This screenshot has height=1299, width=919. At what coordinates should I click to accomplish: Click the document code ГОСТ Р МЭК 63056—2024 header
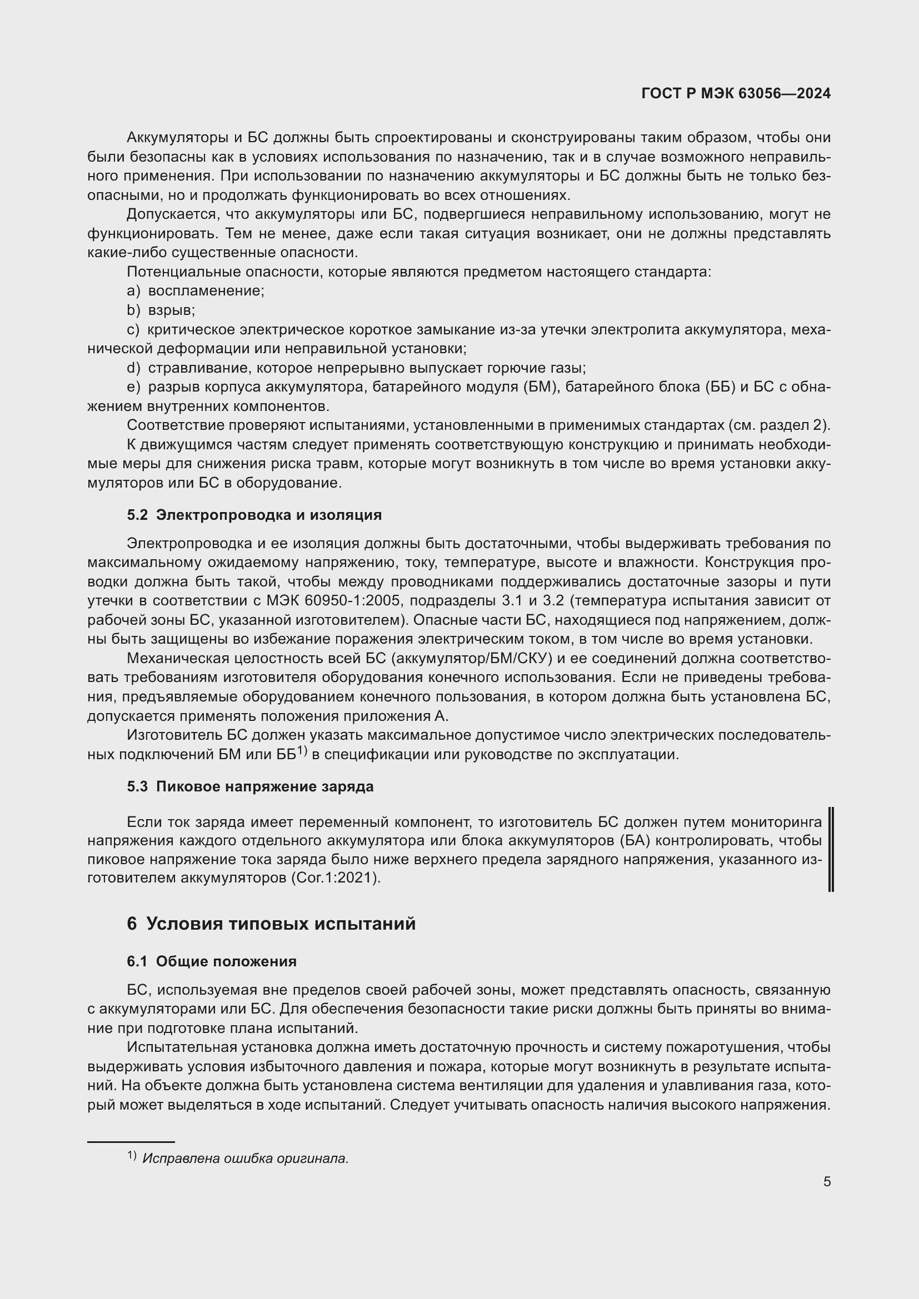tap(736, 94)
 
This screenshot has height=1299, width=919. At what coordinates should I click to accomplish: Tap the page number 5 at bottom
tap(827, 1182)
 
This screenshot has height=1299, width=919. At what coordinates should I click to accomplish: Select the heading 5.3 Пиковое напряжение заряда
tap(250, 786)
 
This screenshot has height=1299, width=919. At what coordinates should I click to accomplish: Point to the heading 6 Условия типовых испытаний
tap(271, 924)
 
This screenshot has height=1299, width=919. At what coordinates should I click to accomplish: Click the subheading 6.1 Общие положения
tap(212, 961)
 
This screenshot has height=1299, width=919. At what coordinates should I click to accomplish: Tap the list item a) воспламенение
tap(196, 291)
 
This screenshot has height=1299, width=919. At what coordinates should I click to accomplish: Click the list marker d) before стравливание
tap(133, 368)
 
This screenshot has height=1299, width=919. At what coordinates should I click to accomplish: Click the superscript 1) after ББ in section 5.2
tap(302, 751)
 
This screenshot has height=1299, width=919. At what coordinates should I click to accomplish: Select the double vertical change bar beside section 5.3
tap(831, 849)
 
